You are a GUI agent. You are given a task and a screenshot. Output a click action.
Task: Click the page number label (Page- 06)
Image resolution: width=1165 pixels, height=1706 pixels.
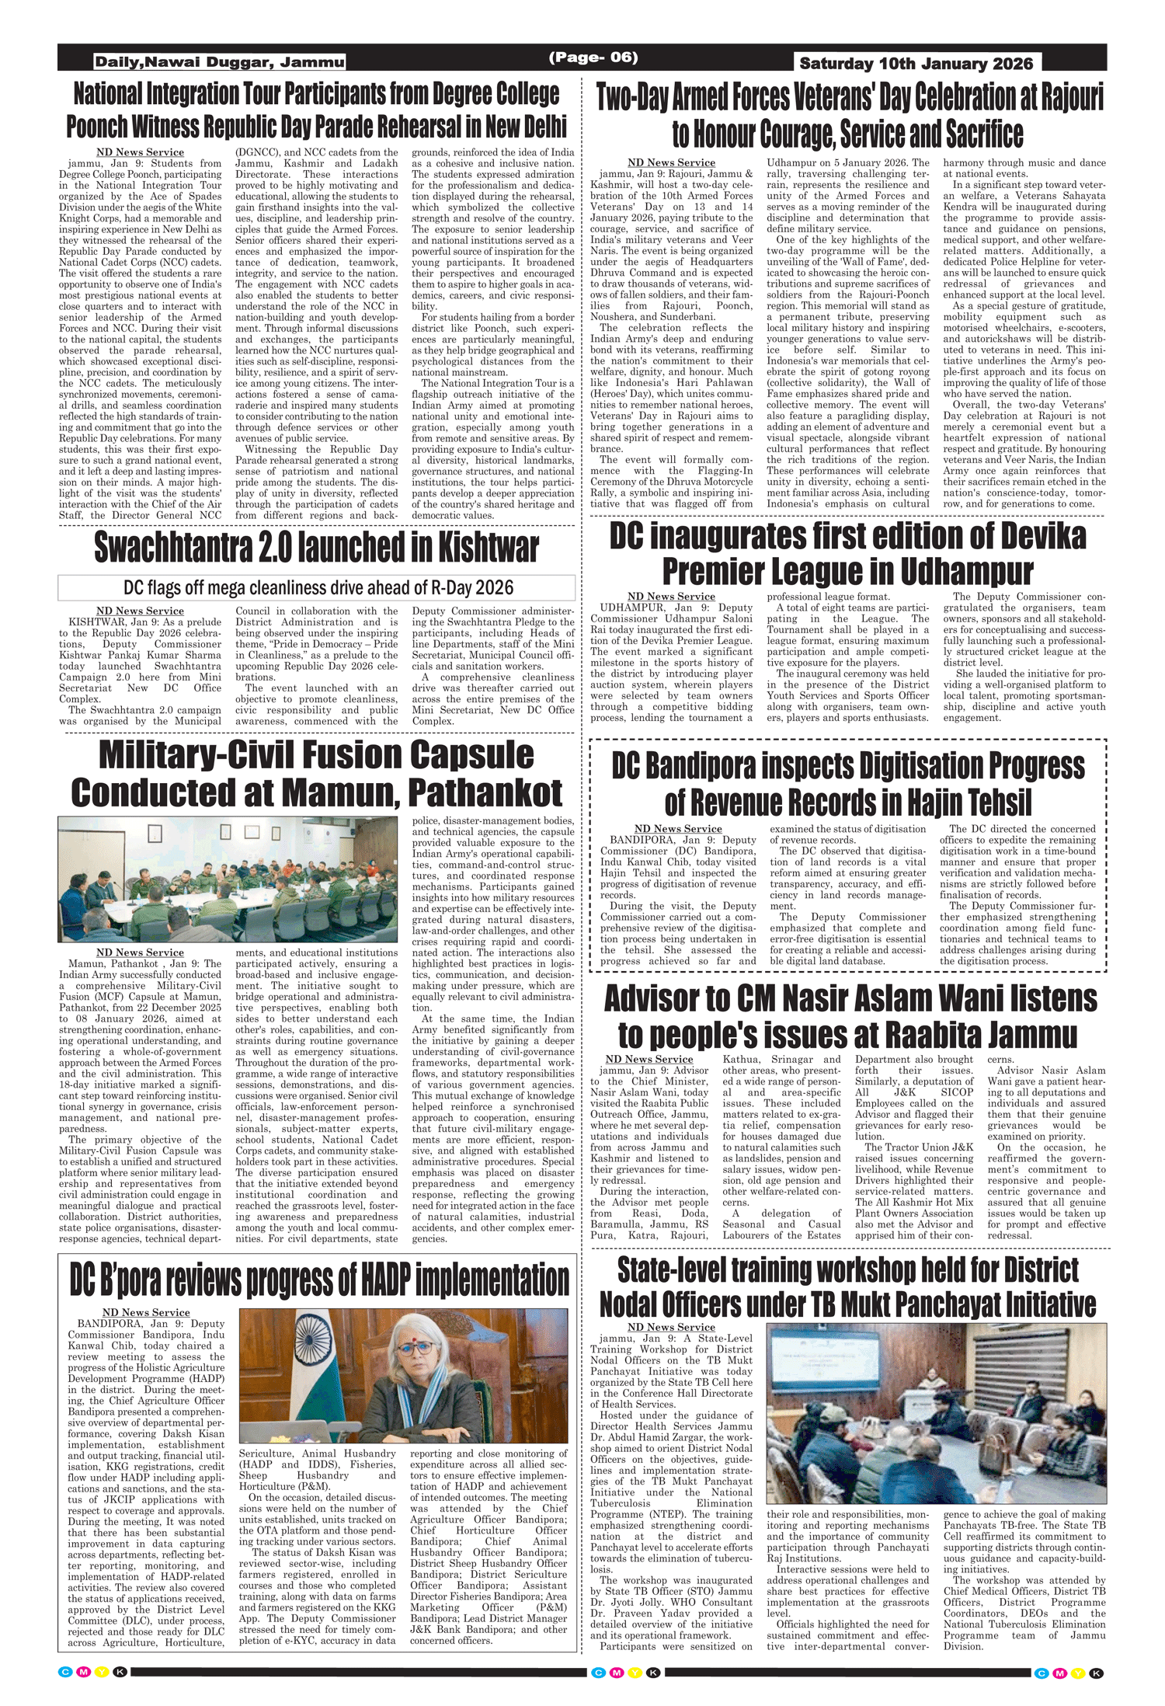(593, 57)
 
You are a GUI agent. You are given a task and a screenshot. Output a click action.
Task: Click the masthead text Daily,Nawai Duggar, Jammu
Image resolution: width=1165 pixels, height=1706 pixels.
(220, 62)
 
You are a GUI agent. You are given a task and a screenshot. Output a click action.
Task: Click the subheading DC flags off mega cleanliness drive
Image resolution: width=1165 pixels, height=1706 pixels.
(318, 587)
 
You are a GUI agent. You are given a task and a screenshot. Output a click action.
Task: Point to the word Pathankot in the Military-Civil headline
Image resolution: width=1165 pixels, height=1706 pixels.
(485, 793)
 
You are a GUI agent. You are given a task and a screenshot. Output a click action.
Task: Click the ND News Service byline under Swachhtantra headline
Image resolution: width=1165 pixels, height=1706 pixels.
(140, 611)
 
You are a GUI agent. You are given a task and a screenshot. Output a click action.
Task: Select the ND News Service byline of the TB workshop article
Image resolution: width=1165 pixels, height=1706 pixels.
(671, 1327)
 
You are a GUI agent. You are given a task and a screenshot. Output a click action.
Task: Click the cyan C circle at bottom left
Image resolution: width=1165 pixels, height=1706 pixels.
(65, 1672)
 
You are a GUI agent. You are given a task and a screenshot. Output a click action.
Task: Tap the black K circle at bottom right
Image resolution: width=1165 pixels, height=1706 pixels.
(1097, 1673)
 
